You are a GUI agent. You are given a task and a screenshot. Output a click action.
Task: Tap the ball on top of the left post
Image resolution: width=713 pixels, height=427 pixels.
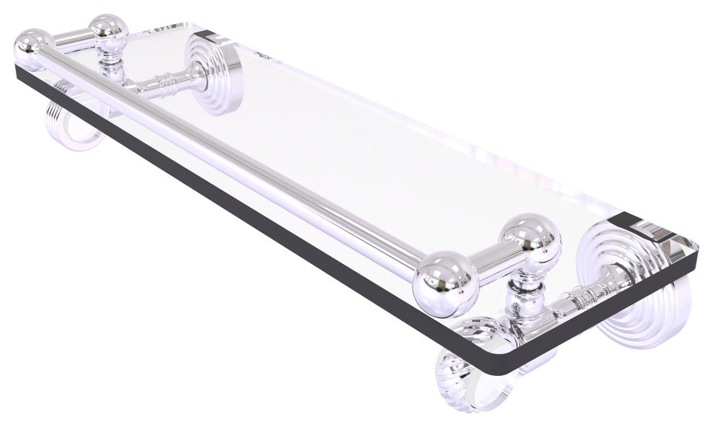[108, 30]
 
